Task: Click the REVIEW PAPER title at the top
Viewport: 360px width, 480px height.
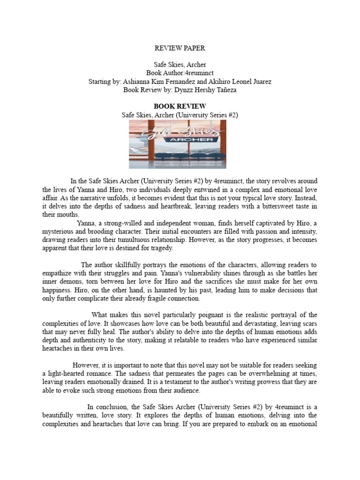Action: [x=180, y=48]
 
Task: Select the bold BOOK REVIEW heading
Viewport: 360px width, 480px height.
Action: [x=180, y=106]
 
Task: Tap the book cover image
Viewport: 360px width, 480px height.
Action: [x=178, y=144]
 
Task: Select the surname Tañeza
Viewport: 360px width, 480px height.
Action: [x=224, y=90]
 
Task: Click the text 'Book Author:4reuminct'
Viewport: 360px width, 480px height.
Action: [x=180, y=73]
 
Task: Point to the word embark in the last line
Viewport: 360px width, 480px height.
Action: [x=261, y=424]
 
